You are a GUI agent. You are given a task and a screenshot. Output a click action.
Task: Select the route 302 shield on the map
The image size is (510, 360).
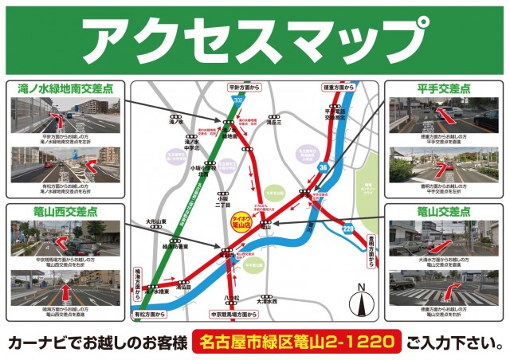(239, 101)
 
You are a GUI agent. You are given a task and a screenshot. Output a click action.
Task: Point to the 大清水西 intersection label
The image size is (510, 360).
(267, 302)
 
